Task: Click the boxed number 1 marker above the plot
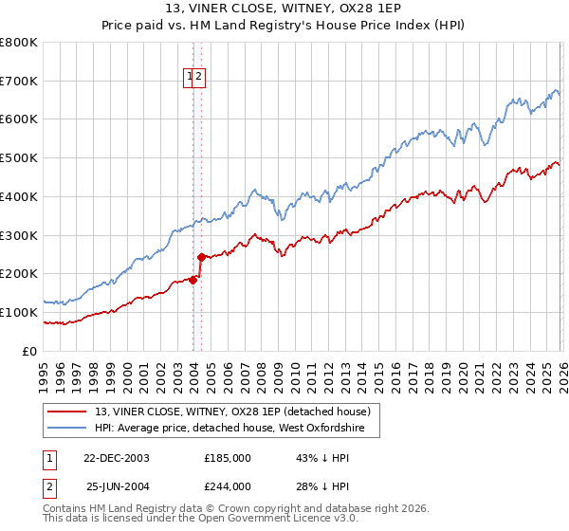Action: pyautogui.click(x=190, y=79)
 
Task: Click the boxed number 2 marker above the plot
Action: pyautogui.click(x=200, y=79)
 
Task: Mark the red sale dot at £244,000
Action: pyautogui.click(x=201, y=256)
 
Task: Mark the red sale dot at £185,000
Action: pyautogui.click(x=193, y=279)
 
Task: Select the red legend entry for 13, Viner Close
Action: pyautogui.click(x=237, y=412)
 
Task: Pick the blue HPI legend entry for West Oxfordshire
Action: pyautogui.click(x=237, y=429)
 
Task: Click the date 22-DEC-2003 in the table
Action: pyautogui.click(x=116, y=458)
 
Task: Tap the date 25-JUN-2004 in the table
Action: pyautogui.click(x=117, y=486)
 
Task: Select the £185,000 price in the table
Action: pyautogui.click(x=228, y=458)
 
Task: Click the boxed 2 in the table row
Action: pyautogui.click(x=50, y=486)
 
